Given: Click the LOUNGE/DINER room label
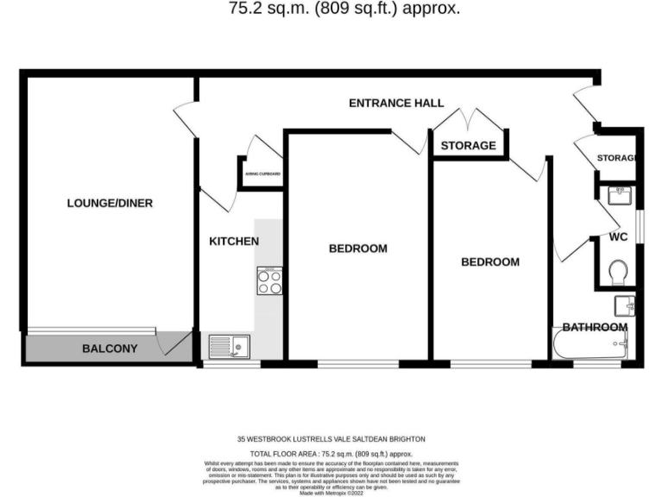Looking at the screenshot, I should (x=110, y=204).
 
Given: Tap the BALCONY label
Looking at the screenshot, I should (x=110, y=349).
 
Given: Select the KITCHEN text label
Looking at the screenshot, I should (x=234, y=242).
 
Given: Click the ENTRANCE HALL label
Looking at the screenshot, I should (x=396, y=103).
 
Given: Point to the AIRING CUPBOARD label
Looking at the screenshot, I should (x=262, y=174).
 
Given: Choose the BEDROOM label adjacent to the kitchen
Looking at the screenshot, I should (x=357, y=248).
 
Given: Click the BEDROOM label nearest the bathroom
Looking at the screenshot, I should (x=489, y=262).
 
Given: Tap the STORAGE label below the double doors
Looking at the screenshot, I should (x=469, y=146).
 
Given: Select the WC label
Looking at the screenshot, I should (x=618, y=236).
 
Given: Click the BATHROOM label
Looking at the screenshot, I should (x=595, y=327).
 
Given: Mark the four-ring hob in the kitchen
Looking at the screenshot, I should (x=269, y=280).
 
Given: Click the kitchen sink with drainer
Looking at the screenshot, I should (x=229, y=347).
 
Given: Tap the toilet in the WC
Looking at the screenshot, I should (x=618, y=273).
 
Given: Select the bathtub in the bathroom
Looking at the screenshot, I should (x=590, y=348).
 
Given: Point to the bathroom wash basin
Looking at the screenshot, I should (x=625, y=305).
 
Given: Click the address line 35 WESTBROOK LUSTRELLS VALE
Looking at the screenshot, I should (x=331, y=439).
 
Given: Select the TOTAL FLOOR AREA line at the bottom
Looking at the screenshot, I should (x=331, y=453).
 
